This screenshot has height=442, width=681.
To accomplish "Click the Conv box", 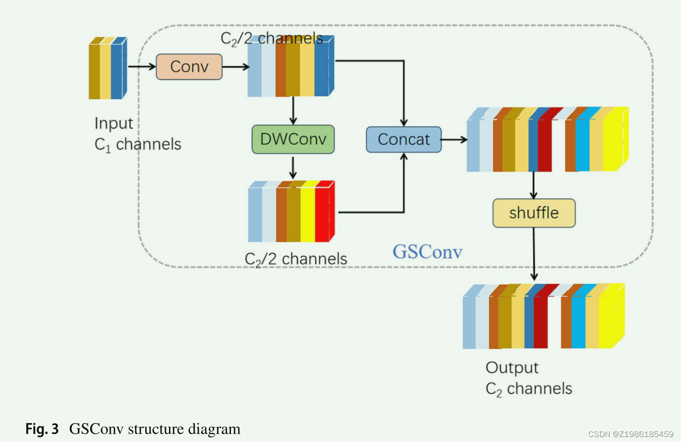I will pyautogui.click(x=189, y=67).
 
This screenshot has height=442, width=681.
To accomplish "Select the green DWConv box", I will pyautogui.click(x=293, y=139).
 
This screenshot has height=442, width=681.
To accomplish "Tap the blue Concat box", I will pyautogui.click(x=403, y=140).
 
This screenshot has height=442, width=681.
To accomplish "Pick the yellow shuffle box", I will pyautogui.click(x=534, y=213).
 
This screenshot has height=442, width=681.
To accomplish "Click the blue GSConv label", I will pyautogui.click(x=427, y=252).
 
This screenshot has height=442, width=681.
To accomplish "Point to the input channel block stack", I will pyautogui.click(x=108, y=68).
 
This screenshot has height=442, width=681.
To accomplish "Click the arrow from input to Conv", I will pyautogui.click(x=142, y=66).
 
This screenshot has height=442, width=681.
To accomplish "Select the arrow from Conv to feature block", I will pyautogui.click(x=235, y=66).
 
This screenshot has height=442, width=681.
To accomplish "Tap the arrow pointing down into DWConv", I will pyautogui.click(x=293, y=110).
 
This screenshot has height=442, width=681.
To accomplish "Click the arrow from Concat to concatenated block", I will pyautogui.click(x=454, y=140).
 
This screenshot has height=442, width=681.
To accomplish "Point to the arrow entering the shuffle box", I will pyautogui.click(x=533, y=185).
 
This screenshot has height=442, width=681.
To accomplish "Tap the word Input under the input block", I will pyautogui.click(x=113, y=123).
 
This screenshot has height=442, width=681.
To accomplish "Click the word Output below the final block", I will pyautogui.click(x=511, y=368).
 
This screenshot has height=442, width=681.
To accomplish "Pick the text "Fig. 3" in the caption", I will pyautogui.click(x=42, y=429).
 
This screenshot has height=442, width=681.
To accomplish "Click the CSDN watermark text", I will pyautogui.click(x=630, y=434).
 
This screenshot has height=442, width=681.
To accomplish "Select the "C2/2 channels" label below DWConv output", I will pyautogui.click(x=296, y=259).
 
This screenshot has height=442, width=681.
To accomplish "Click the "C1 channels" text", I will pyautogui.click(x=138, y=145).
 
